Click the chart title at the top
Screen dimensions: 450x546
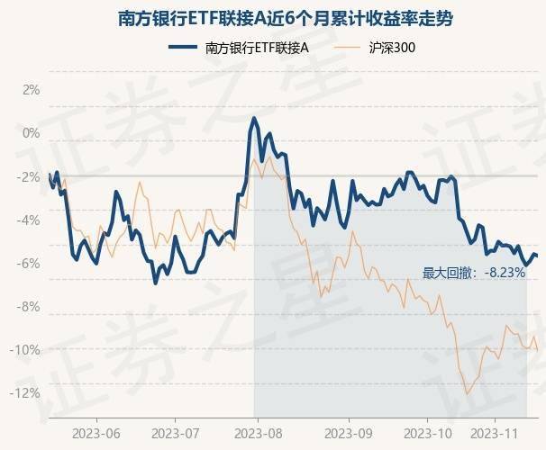tap(273, 16)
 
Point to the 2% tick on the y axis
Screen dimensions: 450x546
tap(32, 90)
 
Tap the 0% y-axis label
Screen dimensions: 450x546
tap(32, 133)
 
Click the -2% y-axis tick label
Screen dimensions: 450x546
tap(30, 176)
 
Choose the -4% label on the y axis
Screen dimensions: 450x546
tap(30, 220)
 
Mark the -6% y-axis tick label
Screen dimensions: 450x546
tap(30, 263)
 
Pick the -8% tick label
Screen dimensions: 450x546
tap(30, 306)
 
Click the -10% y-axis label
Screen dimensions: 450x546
tap(27, 349)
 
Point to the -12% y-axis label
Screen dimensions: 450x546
tap(27, 392)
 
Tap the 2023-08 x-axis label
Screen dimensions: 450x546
tap(258, 433)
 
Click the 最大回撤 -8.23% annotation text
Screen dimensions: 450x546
tap(474, 273)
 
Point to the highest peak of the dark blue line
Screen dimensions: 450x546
tap(254, 118)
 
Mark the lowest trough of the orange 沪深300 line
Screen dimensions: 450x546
tap(467, 393)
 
